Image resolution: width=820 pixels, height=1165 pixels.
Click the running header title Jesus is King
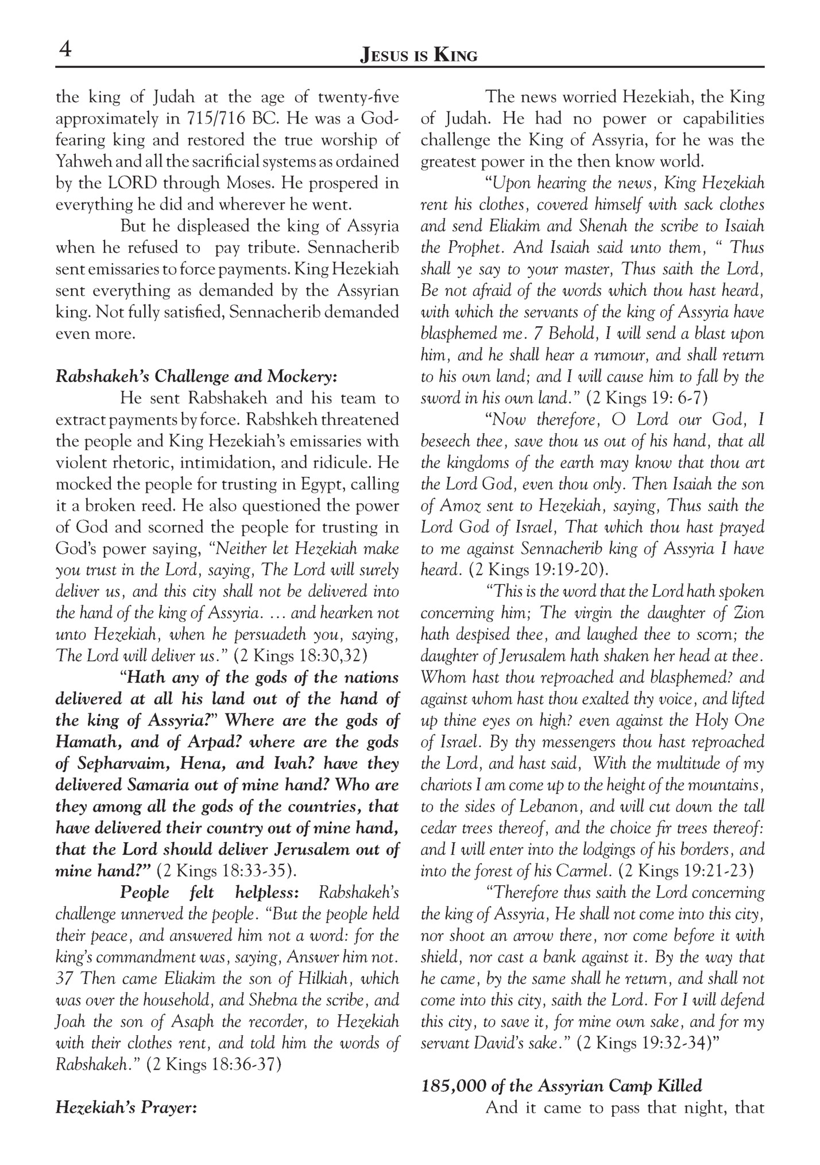point(418,56)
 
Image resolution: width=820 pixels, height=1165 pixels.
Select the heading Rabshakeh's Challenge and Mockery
point(196,377)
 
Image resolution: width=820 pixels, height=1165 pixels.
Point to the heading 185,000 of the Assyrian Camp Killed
point(562,1086)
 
